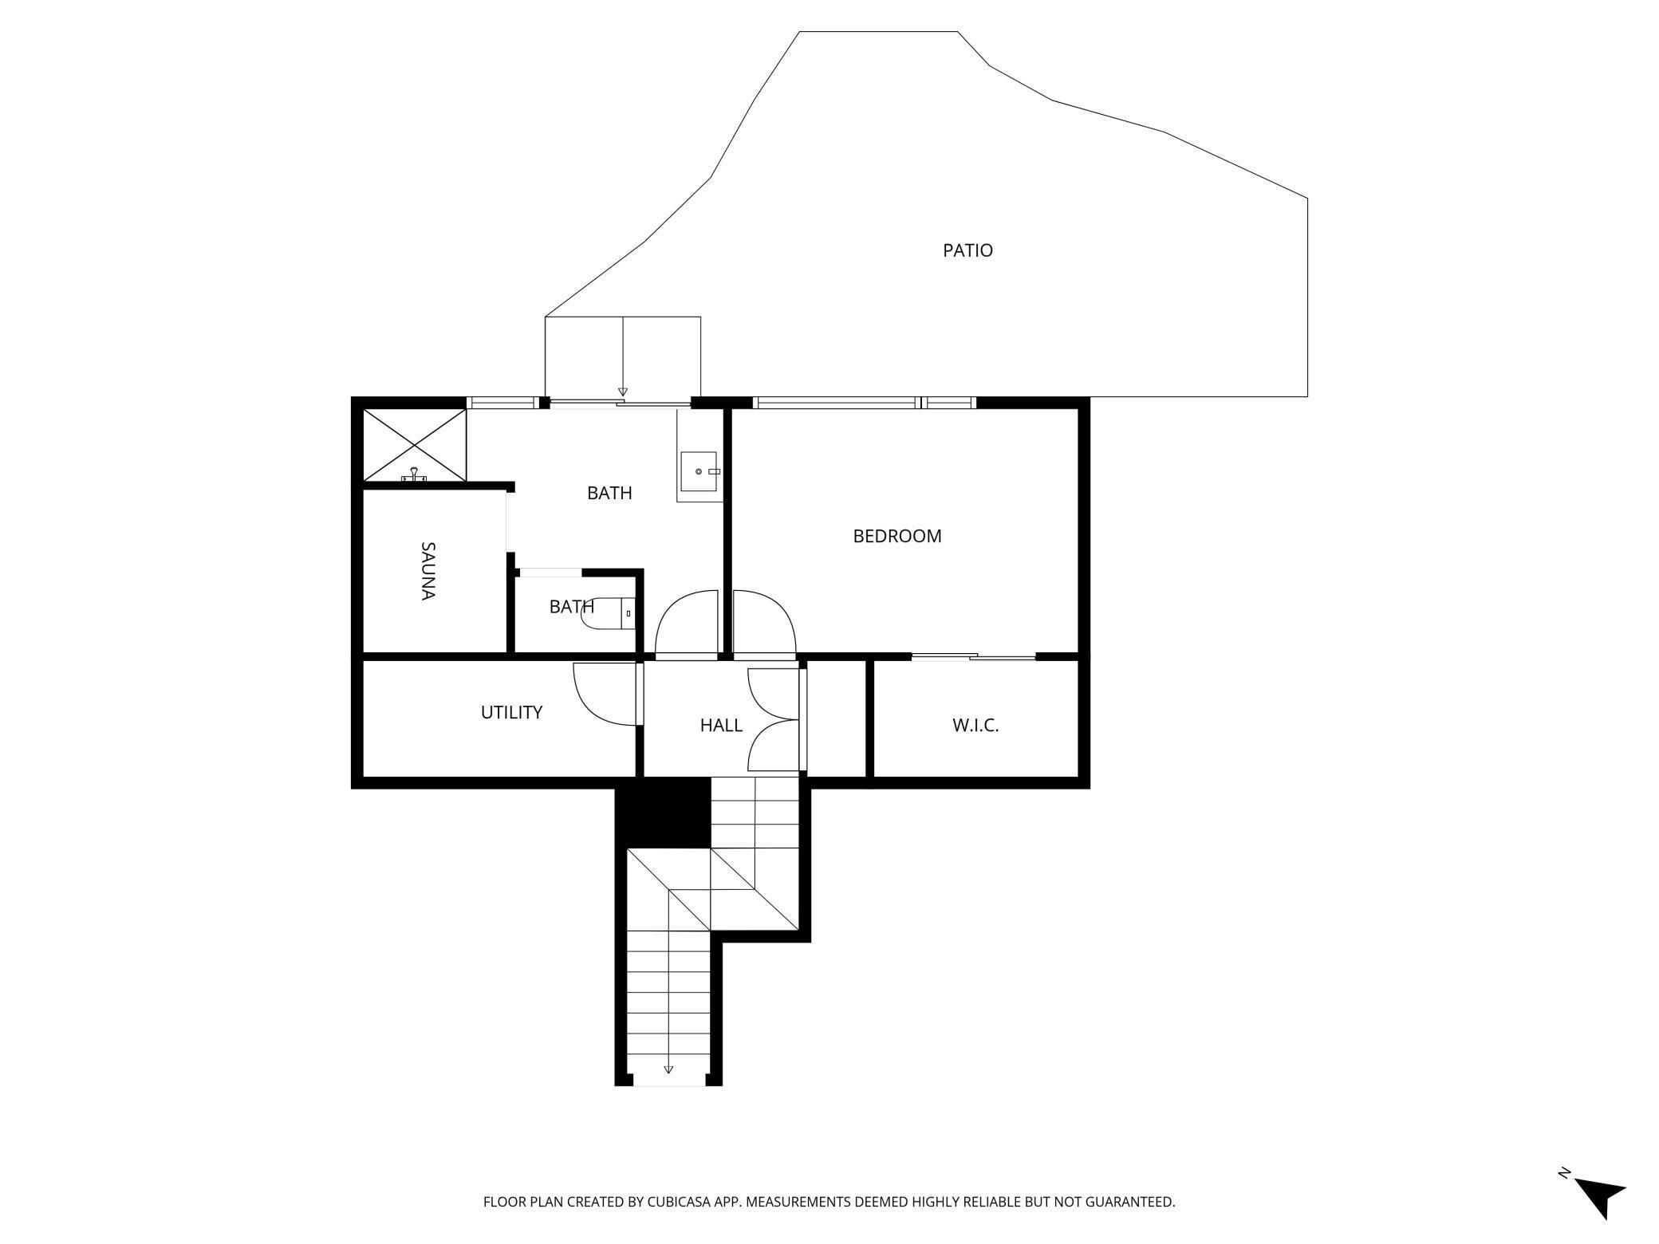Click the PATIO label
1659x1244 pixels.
(x=967, y=250)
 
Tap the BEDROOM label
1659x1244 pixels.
(x=897, y=536)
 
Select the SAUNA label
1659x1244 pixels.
(x=428, y=571)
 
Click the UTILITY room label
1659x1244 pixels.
(x=511, y=712)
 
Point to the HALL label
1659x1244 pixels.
(x=721, y=725)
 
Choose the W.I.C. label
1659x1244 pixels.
(x=975, y=725)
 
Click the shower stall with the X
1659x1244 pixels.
(x=414, y=445)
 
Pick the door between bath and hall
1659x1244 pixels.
(x=688, y=623)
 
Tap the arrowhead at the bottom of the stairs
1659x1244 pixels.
(x=668, y=1069)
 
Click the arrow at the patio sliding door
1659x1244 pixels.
(x=623, y=392)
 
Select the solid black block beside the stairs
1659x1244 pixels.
(x=663, y=813)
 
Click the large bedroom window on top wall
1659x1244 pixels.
(x=836, y=403)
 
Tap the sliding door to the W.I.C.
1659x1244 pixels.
(x=973, y=657)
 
